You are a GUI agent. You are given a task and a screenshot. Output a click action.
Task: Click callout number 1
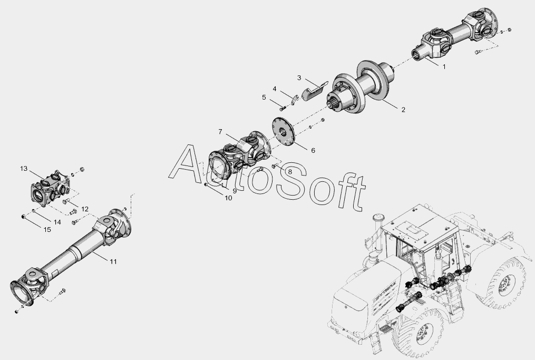coord(444,67)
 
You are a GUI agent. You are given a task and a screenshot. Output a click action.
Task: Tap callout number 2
coord(403,110)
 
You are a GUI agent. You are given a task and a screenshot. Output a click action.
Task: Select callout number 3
coord(299,78)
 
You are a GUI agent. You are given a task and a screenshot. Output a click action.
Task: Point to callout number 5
coord(264,98)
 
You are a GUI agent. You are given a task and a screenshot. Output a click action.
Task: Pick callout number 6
coord(313,151)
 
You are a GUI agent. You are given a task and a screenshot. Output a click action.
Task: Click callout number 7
coord(220,132)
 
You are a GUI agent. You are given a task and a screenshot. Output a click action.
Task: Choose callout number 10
coord(228,198)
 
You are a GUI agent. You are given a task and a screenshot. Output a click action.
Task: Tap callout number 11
coord(113,261)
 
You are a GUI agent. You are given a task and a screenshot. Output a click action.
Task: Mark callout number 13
coord(24,169)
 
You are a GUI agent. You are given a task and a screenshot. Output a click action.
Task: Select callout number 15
coord(47,230)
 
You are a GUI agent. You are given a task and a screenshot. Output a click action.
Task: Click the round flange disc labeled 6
coord(283,132)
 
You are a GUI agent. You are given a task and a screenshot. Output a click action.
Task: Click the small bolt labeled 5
coord(282,109)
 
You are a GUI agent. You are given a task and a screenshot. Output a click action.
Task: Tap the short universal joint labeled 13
coord(50,189)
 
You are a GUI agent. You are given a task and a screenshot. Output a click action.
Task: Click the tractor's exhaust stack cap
coord(377,217)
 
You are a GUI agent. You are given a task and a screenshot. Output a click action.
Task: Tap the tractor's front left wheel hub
coord(423,333)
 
